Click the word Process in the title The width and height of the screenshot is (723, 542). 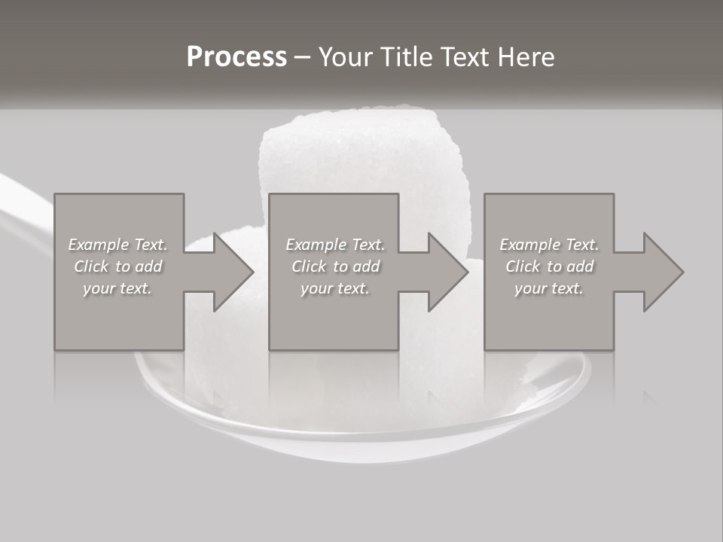236,57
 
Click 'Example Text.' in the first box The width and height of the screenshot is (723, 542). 117,245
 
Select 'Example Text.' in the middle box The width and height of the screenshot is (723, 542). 334,245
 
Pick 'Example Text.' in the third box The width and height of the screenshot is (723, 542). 549,245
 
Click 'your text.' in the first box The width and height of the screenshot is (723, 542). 117,288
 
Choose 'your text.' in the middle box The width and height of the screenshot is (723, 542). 334,288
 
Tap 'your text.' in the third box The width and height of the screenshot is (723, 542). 549,288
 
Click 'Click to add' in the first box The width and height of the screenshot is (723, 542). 117,266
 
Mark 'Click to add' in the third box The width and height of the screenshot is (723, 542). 549,266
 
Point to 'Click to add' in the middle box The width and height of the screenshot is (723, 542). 334,266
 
